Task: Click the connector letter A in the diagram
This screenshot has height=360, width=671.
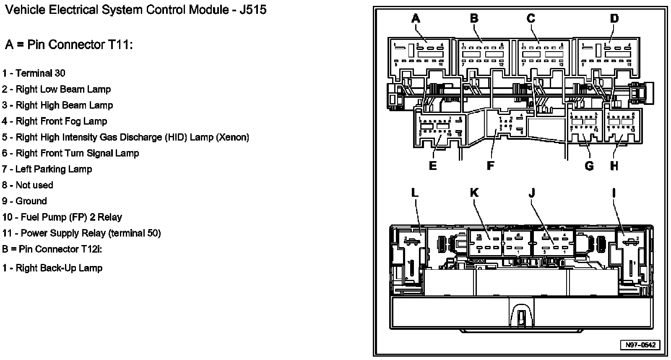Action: coord(415,18)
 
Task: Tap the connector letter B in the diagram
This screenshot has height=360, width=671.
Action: coord(474,18)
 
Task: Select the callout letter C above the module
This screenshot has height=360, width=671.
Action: coord(531,18)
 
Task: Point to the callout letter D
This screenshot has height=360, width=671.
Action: coord(614,18)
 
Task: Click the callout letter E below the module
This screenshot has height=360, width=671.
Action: coord(433,166)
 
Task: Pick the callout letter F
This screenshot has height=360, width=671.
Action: coord(490,166)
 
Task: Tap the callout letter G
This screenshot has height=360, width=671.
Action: coord(589,166)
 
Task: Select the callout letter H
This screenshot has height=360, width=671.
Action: coord(614,166)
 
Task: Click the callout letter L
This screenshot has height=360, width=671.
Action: coord(414,193)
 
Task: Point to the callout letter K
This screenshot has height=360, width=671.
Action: coord(474,193)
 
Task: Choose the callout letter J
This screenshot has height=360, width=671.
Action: coord(532,193)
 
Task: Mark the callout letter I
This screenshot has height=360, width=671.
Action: coord(614,193)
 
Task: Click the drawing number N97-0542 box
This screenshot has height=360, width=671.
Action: coord(640,345)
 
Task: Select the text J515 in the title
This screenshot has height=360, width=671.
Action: coord(252,10)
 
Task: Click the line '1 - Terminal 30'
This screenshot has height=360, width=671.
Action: coord(34,73)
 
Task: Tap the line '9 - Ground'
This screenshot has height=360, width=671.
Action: coord(24,201)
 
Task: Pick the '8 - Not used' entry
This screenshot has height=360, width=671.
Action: coord(28,185)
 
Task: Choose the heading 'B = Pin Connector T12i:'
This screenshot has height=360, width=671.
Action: coord(52,249)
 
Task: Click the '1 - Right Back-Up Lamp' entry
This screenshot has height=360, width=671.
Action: coord(52,268)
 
